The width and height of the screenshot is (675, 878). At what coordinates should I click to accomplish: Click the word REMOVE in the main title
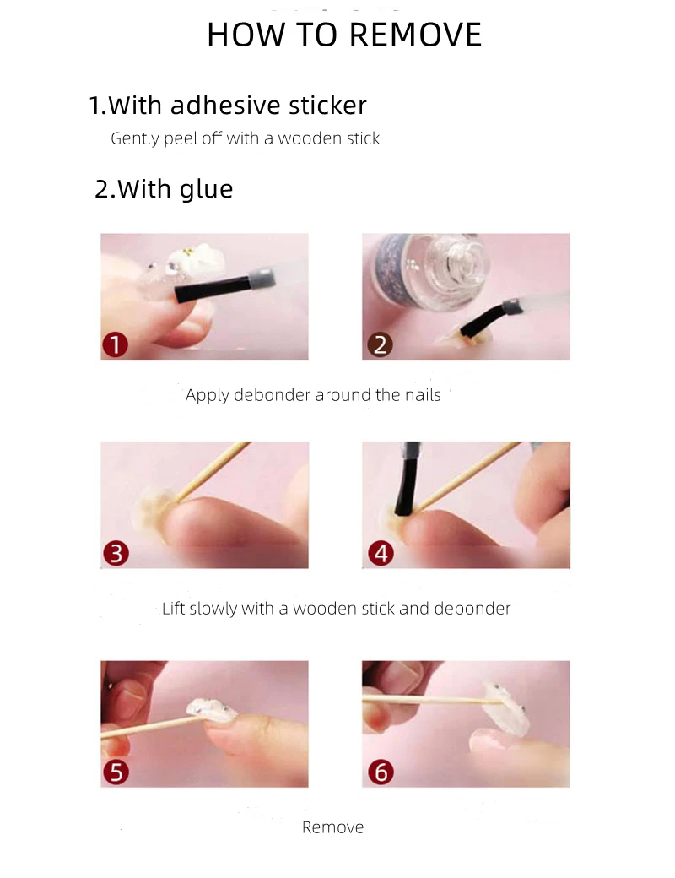pos(415,35)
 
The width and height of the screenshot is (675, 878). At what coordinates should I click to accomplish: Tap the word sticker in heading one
pos(327,106)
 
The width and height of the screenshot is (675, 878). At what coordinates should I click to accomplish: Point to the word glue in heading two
pos(206,189)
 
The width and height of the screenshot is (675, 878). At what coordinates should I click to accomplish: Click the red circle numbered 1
pos(116,344)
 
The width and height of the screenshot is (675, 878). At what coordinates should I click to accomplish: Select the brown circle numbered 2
pos(380,344)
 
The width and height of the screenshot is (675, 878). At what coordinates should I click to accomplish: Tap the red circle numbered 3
pos(116,553)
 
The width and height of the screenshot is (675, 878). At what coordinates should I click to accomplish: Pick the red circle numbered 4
pos(381,553)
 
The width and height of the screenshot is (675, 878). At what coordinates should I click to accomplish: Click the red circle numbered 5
pos(116,772)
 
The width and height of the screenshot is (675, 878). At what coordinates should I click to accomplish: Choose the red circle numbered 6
pos(381,772)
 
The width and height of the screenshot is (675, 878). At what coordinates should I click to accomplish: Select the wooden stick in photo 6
pos(432,699)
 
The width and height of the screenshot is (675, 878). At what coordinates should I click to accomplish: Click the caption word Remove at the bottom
pos(333,827)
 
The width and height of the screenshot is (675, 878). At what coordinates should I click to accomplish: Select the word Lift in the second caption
pos(173,608)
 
